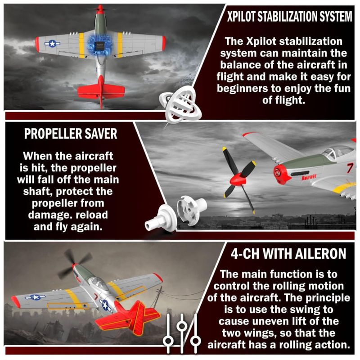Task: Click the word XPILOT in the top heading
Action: (241, 17)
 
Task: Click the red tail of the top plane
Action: (101, 91)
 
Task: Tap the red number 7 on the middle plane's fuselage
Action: (349, 168)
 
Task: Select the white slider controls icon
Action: (182, 333)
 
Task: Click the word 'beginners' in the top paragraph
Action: (242, 89)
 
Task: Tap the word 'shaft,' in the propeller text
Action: (38, 191)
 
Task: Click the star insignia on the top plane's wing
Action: (52, 43)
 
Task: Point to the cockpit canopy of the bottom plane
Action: (98, 284)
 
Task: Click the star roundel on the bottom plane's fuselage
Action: (105, 305)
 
